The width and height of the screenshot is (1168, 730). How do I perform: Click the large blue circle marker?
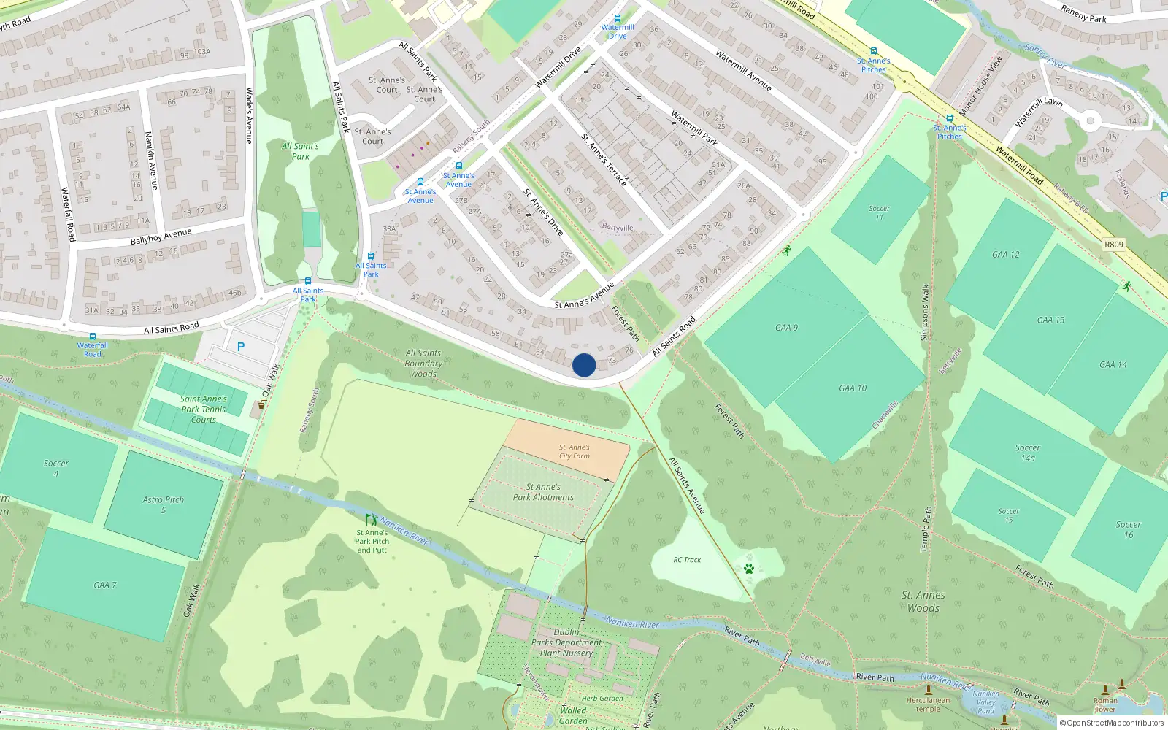[584, 365]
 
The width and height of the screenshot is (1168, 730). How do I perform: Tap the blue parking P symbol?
[241, 347]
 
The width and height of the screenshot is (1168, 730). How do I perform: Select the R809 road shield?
[1113, 245]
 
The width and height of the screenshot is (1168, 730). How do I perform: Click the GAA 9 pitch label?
[786, 328]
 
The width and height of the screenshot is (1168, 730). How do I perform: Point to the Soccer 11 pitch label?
[879, 212]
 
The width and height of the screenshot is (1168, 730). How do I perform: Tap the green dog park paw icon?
[748, 568]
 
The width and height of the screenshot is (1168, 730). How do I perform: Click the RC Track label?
[687, 560]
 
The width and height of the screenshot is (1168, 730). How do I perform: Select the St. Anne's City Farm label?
[575, 452]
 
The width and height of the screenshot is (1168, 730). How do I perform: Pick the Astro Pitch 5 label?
[164, 504]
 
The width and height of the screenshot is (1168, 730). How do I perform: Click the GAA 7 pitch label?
[105, 585]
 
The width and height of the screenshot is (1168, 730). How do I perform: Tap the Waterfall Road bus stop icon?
[93, 337]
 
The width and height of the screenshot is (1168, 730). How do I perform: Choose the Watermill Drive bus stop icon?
[618, 19]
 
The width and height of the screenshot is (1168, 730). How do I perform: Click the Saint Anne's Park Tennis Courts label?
[204, 410]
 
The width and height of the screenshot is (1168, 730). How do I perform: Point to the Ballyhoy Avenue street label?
[161, 237]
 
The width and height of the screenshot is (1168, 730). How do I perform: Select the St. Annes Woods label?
[923, 602]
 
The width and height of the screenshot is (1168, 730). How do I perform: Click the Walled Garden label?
[573, 715]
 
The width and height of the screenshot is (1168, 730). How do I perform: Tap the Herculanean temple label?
[929, 704]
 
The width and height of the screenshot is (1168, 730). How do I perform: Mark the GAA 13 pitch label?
[1050, 320]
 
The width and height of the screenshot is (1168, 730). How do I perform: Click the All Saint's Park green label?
[301, 151]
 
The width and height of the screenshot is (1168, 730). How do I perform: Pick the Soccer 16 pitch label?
[1128, 529]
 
